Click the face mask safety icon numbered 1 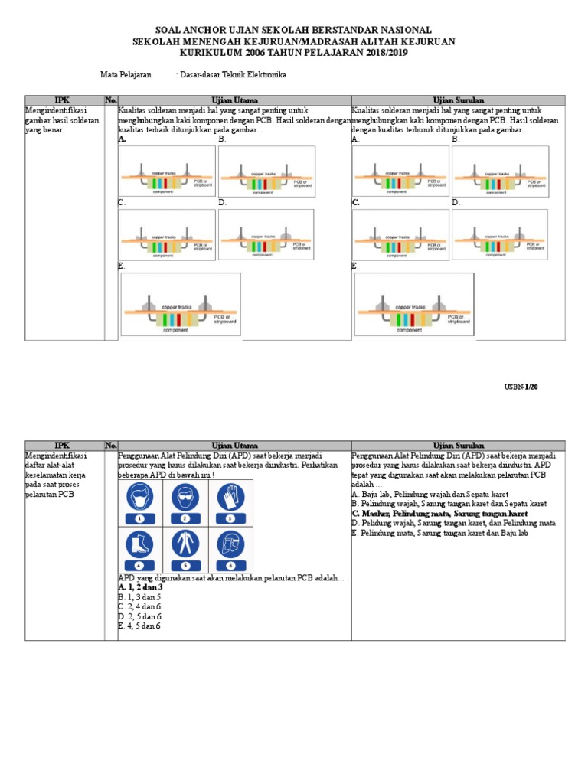[140, 501]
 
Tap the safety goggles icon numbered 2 [185, 501]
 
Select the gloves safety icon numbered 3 [230, 501]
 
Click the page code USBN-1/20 [522, 387]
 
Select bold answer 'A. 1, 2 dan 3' [140, 586]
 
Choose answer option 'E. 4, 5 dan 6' [139, 626]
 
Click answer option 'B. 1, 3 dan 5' [139, 596]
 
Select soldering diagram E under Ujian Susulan [414, 304]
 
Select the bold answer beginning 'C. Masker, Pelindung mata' [439, 514]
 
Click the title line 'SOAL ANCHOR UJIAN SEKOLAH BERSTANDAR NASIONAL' [294, 29]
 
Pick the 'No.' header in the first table [111, 100]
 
